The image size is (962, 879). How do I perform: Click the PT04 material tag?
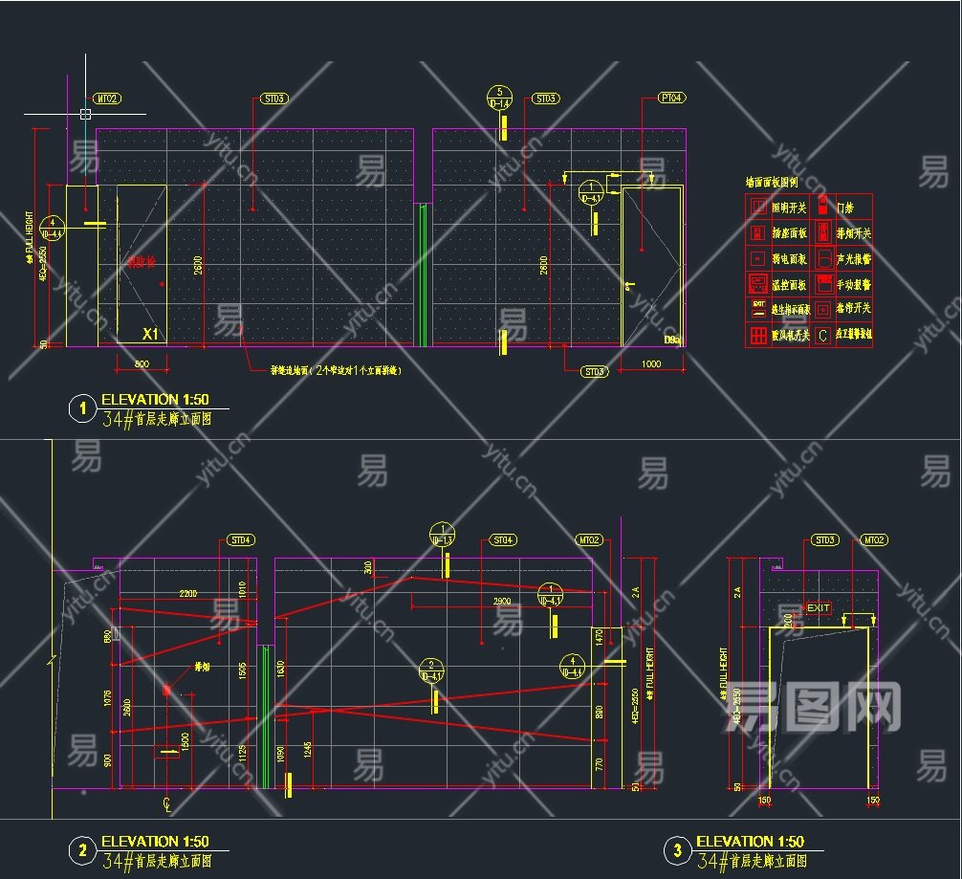[x=672, y=98]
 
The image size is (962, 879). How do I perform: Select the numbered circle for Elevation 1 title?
[x=82, y=409]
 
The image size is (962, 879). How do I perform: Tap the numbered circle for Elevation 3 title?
[x=677, y=850]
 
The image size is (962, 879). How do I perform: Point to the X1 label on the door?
[x=149, y=334]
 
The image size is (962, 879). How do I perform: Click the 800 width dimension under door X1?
[x=141, y=363]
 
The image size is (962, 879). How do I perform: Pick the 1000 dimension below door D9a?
[x=651, y=363]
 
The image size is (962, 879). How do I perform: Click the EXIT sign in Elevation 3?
[x=818, y=608]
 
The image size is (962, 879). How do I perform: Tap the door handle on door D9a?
[x=627, y=285]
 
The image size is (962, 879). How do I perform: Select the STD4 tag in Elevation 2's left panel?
[x=240, y=540]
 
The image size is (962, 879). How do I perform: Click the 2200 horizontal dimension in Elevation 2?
[x=187, y=594]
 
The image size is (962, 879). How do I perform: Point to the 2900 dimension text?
[x=502, y=601]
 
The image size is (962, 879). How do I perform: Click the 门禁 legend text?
[x=845, y=207]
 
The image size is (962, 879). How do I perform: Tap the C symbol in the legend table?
[x=821, y=336]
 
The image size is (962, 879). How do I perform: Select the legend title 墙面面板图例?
[x=772, y=182]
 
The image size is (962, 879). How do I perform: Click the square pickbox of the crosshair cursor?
[x=85, y=114]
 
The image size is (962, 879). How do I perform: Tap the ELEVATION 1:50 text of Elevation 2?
[x=155, y=842]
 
